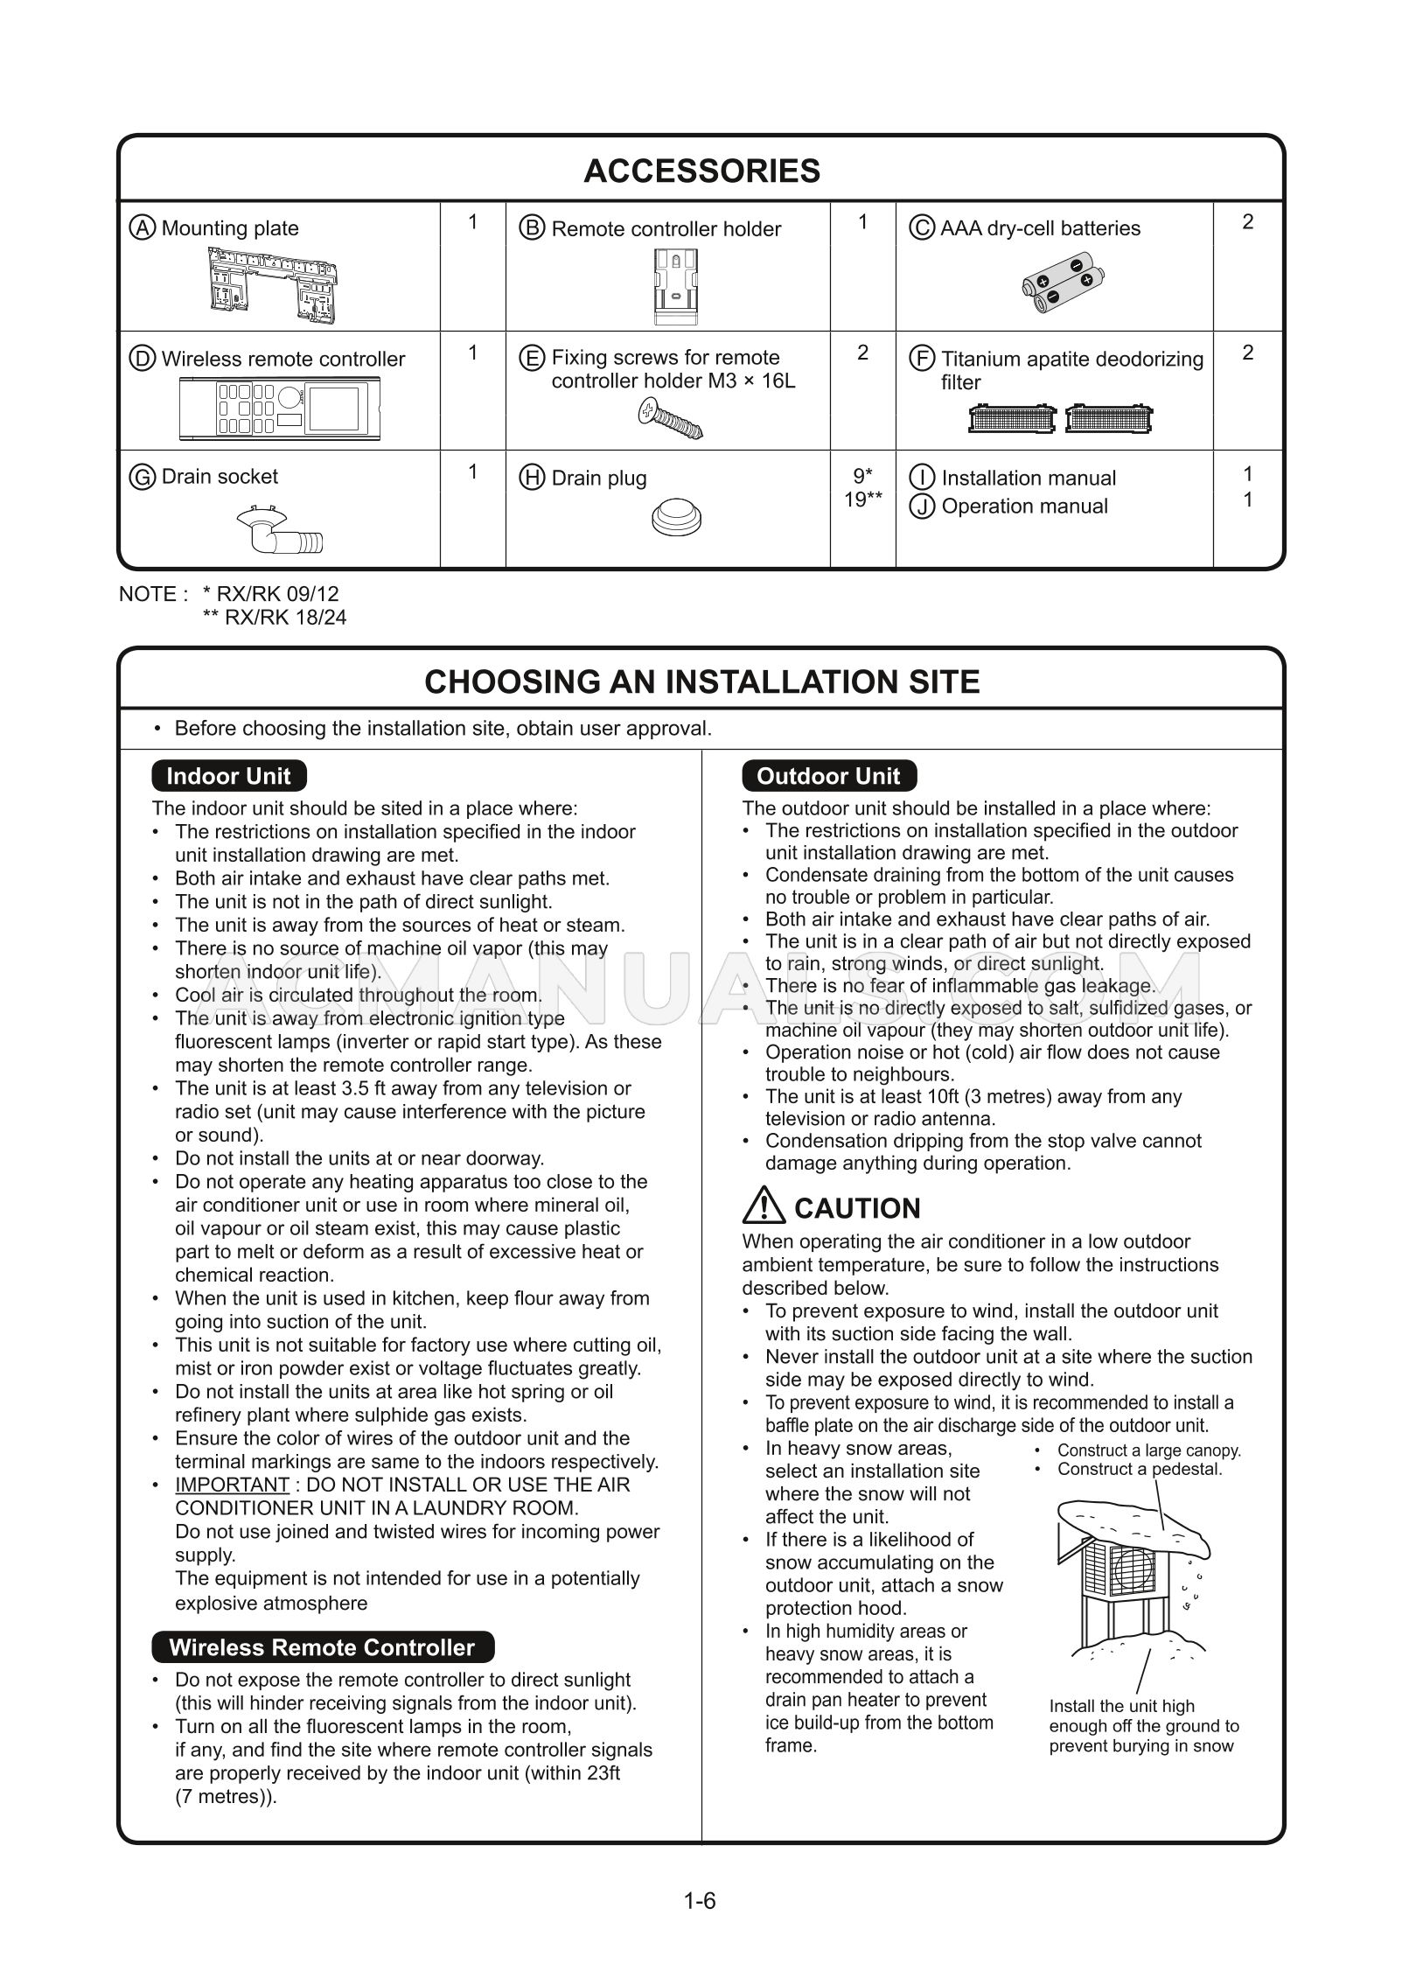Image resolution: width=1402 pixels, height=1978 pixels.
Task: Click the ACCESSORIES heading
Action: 701,171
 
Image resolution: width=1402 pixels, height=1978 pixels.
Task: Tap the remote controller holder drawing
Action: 673,282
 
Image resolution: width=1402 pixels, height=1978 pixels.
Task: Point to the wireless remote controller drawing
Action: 280,409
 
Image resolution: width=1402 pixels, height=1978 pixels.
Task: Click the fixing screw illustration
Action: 670,418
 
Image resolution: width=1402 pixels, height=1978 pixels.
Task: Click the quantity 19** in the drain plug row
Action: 862,500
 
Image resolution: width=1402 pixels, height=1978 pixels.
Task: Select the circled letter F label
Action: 922,359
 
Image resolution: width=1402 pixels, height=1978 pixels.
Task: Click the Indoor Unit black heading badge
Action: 228,776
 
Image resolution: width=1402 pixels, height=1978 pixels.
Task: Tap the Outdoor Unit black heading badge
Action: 827,776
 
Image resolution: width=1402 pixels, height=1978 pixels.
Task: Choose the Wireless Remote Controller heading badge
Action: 322,1647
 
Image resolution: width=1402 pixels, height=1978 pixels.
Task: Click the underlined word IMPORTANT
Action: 232,1485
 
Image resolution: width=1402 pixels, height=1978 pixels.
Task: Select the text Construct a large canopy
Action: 1148,1450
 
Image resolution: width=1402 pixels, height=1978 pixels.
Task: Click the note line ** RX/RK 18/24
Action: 275,618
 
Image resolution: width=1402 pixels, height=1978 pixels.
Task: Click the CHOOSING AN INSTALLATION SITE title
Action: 701,681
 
